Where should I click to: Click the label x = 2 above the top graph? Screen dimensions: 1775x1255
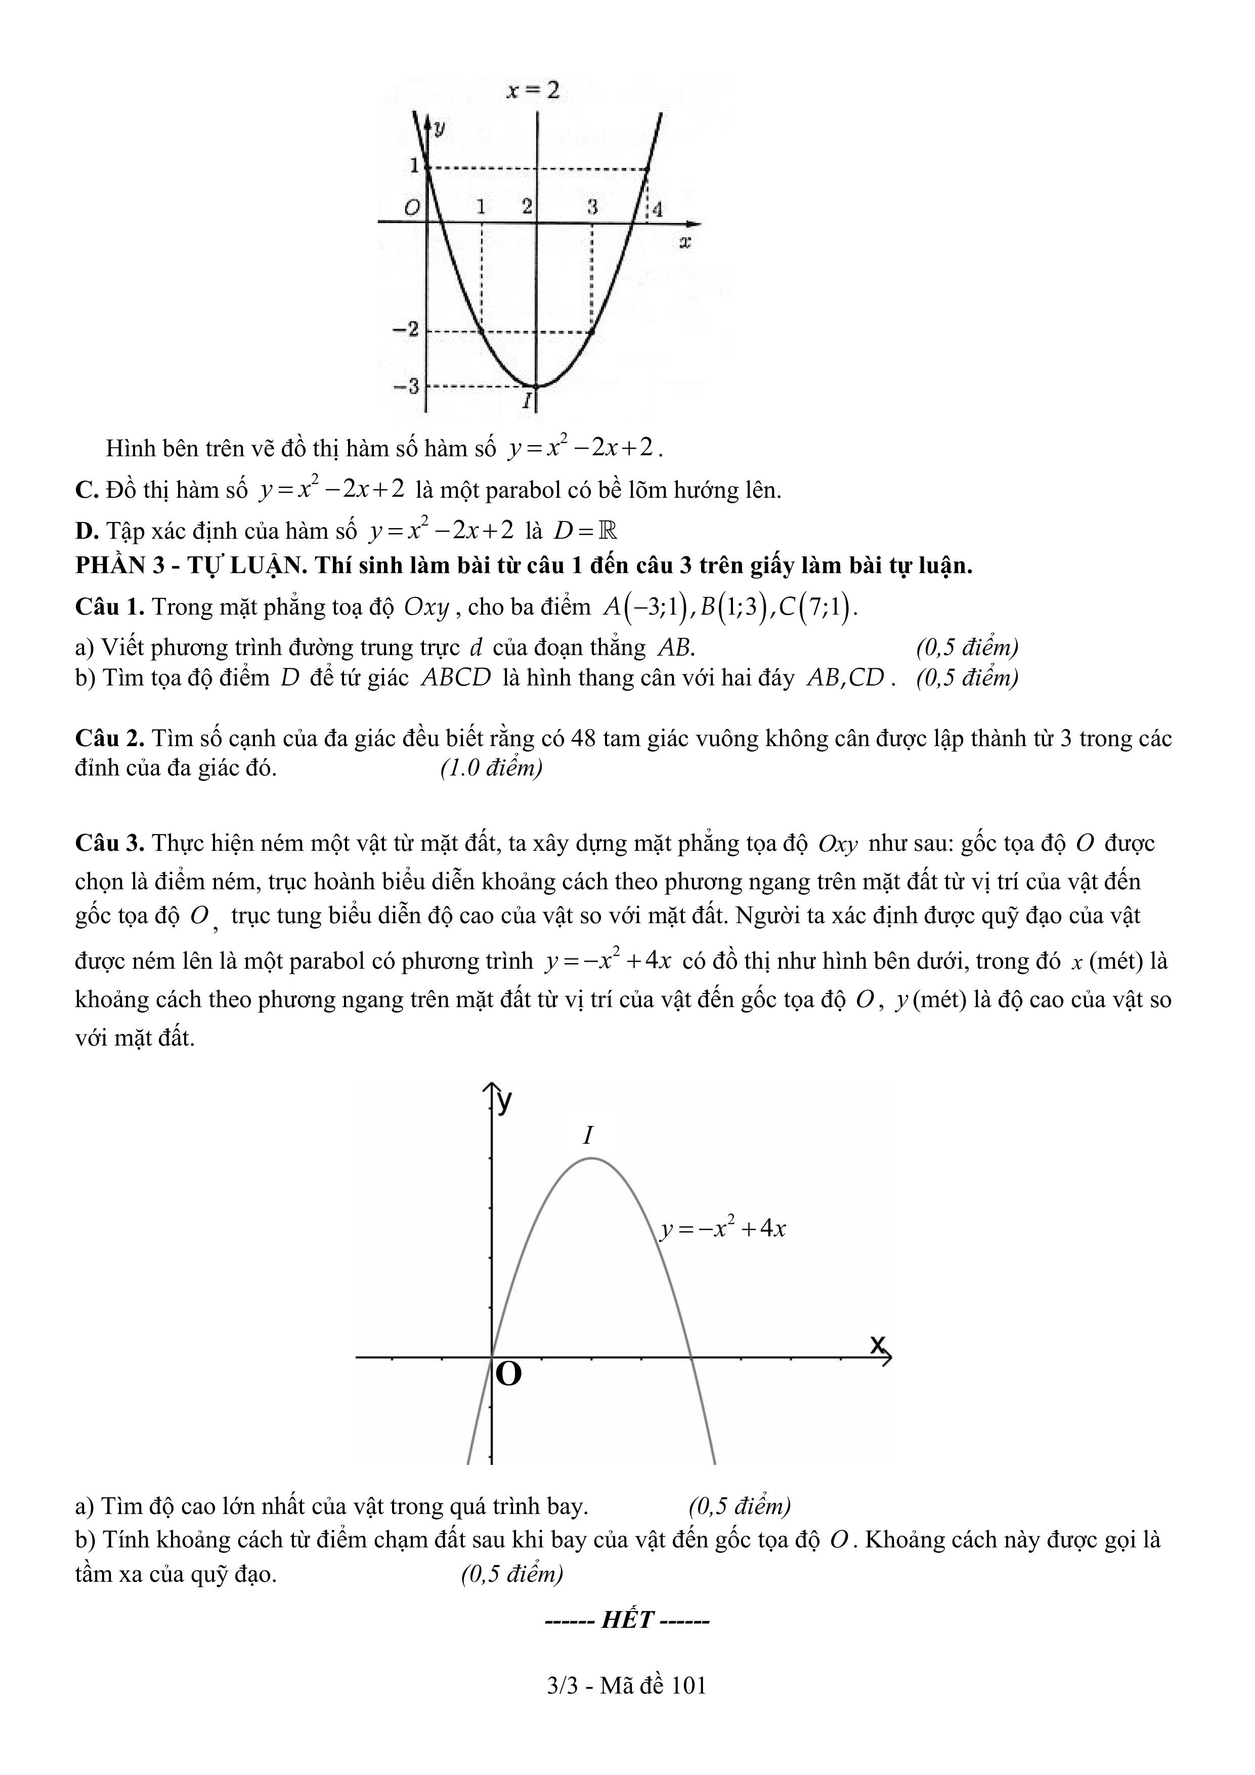tap(532, 91)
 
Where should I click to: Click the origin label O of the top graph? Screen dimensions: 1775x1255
tap(412, 207)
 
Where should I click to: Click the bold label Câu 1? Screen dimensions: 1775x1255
tap(110, 607)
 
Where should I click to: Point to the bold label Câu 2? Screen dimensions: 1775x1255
tap(110, 739)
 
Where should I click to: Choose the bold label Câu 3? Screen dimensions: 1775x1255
tap(110, 843)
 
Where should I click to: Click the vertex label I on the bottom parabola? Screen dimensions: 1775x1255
tap(588, 1136)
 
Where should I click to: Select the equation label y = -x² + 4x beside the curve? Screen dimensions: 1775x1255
tap(723, 1228)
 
